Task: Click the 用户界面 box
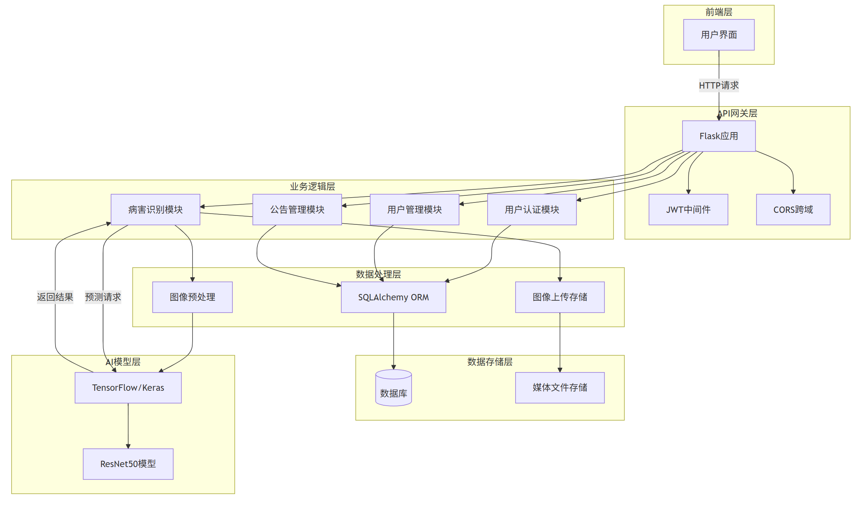pos(719,35)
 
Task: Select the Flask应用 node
pos(719,136)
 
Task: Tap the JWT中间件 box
pos(688,210)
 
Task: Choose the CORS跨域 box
pos(793,210)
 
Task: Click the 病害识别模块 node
pos(155,210)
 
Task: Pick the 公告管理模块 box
pos(297,210)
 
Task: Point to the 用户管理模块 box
pos(414,210)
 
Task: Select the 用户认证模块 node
pos(532,210)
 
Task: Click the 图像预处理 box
pos(192,297)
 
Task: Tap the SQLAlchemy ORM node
pos(393,297)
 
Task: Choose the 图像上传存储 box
pos(560,297)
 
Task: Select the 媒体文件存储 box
pos(560,387)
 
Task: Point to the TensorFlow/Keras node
pos(128,387)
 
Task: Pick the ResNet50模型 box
pos(128,464)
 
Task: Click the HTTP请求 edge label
pos(719,86)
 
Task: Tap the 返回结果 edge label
pos(55,297)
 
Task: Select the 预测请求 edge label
pos(103,297)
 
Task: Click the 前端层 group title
pos(719,12)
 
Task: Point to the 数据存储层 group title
pos(490,362)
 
